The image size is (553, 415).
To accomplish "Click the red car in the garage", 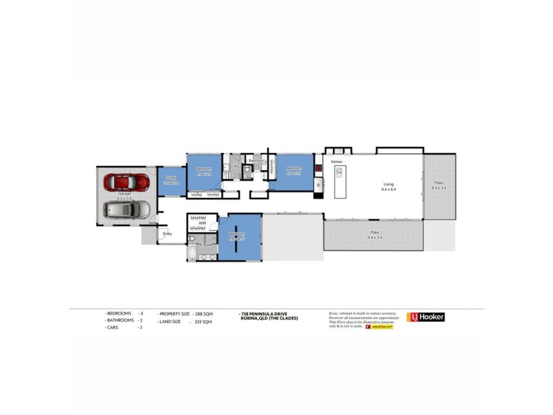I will tap(126, 182).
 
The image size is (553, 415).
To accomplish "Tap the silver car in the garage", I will tap(126, 210).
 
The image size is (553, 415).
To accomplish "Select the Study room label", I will tap(171, 178).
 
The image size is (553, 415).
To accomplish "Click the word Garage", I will tap(124, 194).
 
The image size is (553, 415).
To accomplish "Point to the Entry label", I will tap(167, 234).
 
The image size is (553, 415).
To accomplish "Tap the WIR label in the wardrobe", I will tap(203, 223).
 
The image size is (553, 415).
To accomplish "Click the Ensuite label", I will tap(205, 244).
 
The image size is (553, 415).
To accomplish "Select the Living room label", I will tap(388, 183).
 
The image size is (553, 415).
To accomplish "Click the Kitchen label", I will tap(337, 161).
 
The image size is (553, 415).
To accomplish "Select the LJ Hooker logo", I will tap(426, 317).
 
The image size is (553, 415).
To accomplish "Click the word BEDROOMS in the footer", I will tap(118, 313).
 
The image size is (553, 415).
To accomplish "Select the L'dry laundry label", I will tap(236, 167).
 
